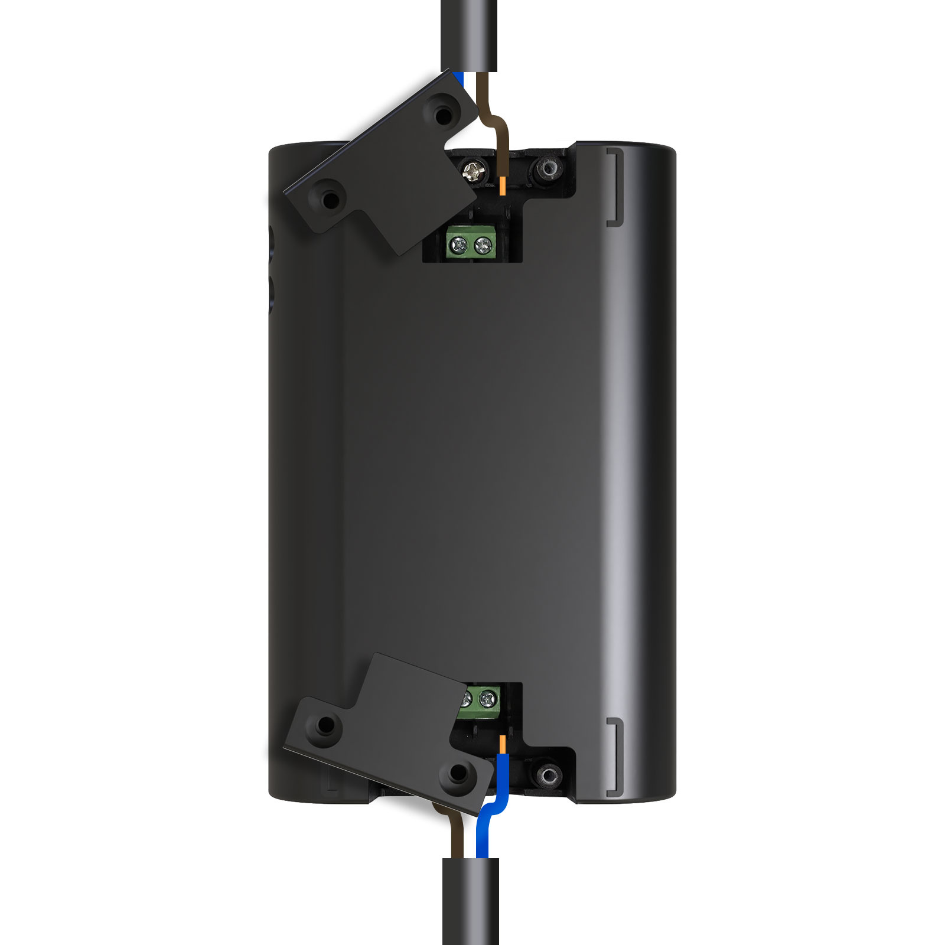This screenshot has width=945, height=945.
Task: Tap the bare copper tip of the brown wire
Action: point(502,185)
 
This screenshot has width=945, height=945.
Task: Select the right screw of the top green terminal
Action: point(483,243)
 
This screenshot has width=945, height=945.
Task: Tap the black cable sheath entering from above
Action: point(470,35)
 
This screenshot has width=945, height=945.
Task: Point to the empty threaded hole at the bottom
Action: point(549,774)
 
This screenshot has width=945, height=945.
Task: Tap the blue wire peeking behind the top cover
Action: point(461,79)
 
